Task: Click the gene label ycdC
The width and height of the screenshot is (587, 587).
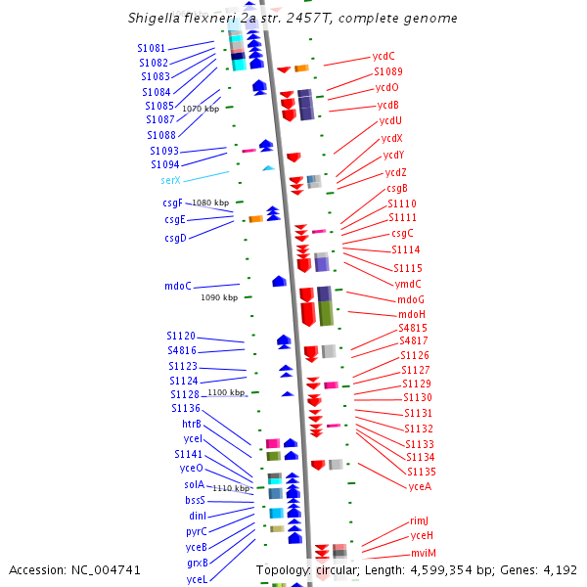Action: click(384, 56)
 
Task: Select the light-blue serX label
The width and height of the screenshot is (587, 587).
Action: click(171, 181)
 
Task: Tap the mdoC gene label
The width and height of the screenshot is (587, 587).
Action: click(178, 287)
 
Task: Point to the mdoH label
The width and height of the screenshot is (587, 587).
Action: click(412, 314)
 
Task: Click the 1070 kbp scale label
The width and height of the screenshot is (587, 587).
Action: click(201, 109)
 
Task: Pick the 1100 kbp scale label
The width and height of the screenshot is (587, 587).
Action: click(225, 392)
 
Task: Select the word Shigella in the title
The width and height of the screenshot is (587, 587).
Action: click(156, 19)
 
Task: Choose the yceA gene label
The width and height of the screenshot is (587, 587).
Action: click(420, 486)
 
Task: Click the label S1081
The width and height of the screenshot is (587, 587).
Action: click(152, 48)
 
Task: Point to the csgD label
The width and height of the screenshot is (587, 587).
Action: click(175, 238)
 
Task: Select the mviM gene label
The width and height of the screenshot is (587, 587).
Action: click(424, 553)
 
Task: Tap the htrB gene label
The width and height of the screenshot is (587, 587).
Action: click(192, 424)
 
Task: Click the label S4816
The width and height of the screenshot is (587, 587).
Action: click(182, 350)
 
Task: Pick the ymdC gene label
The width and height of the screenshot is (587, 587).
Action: click(408, 284)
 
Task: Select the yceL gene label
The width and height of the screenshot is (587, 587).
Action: click(197, 579)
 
